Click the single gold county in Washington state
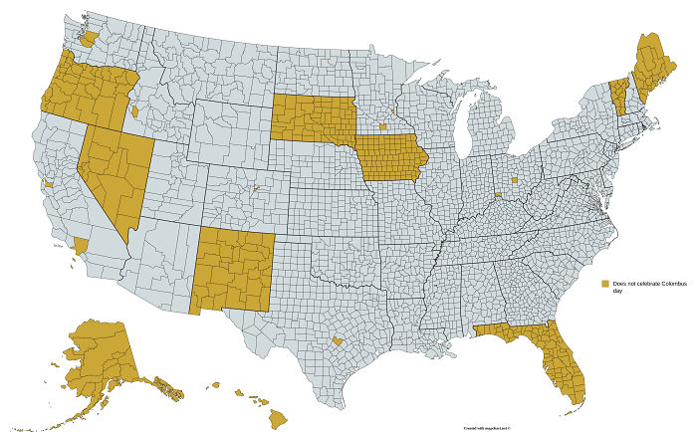(90, 38)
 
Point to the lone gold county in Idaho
(134, 111)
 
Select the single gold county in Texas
(339, 339)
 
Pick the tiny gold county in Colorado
(256, 186)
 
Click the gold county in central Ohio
(515, 180)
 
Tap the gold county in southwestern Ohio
(498, 196)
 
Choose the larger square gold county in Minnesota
(382, 127)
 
